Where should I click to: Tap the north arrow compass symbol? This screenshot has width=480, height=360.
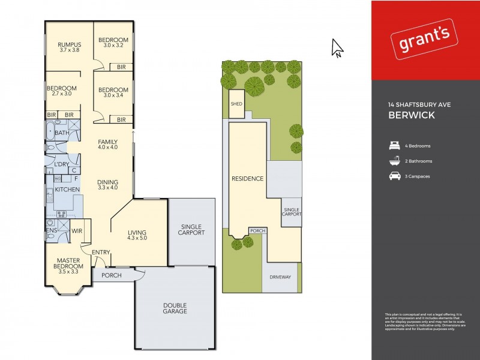pos(337,48)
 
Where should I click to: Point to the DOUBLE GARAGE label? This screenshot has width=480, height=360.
pos(175,308)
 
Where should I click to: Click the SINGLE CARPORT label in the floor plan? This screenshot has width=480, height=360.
pos(192,230)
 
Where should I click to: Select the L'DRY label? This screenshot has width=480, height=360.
pos(62,164)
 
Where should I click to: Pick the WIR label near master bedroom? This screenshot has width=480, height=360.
pos(77,230)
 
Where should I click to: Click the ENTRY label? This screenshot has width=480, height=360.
pos(100,253)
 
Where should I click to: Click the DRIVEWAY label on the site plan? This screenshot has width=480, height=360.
pos(280,277)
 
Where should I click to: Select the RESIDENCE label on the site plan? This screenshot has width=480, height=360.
pos(247,179)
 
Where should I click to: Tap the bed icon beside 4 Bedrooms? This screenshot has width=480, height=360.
pos(394,146)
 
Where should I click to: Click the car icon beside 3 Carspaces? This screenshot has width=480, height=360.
pos(394,176)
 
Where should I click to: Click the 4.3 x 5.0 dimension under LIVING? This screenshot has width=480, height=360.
pos(137,238)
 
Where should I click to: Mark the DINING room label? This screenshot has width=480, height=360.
pos(108,182)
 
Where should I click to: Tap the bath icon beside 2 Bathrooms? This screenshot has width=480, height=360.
pos(394,161)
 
